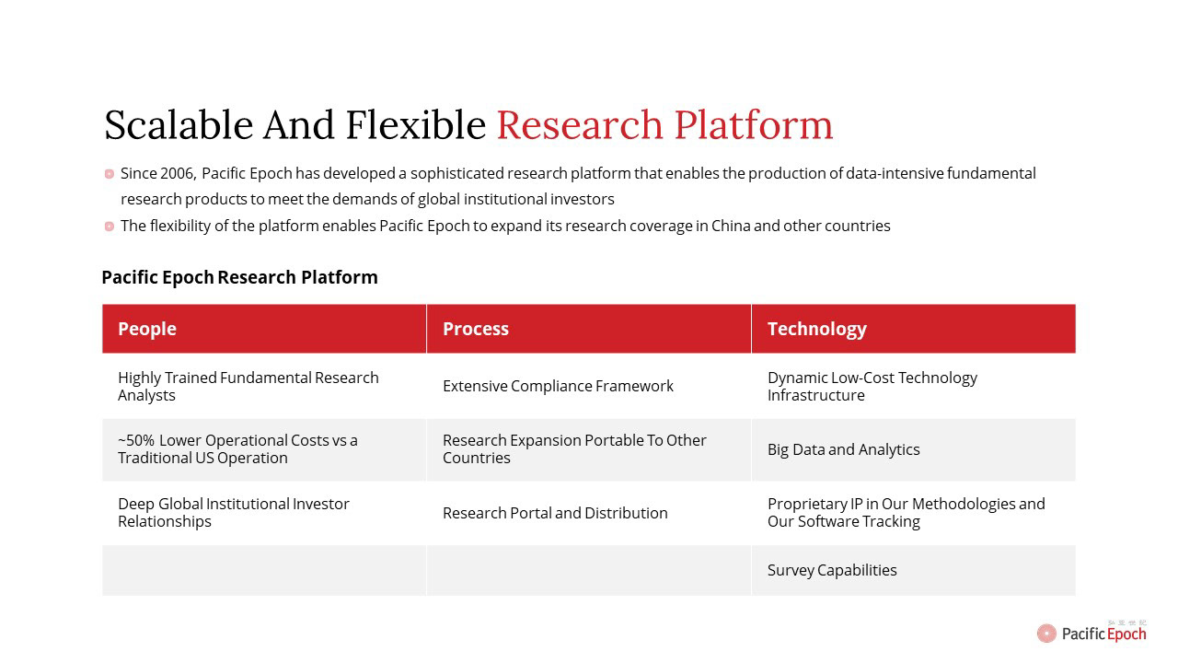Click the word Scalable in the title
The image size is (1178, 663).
pyautogui.click(x=179, y=125)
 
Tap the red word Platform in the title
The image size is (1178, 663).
pyautogui.click(x=754, y=125)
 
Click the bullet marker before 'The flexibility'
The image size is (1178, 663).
pyautogui.click(x=110, y=227)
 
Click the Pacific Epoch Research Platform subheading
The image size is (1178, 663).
pyautogui.click(x=240, y=277)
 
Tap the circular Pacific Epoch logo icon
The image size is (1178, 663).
pyautogui.click(x=1046, y=633)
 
